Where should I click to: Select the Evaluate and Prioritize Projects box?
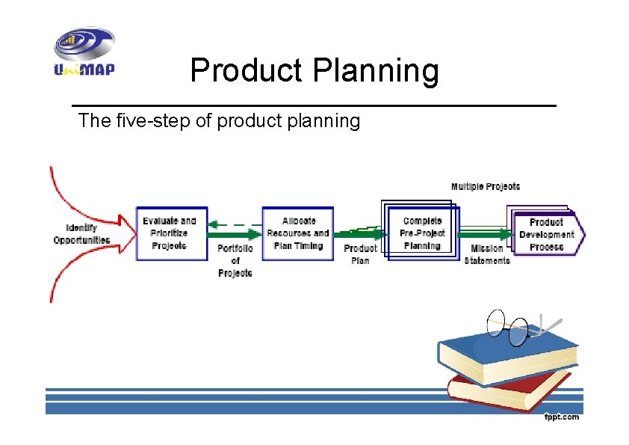click(171, 233)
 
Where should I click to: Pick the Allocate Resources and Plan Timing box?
click(297, 233)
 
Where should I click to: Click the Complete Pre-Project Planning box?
click(422, 233)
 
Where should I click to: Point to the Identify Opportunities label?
click(81, 234)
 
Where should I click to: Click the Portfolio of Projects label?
click(235, 260)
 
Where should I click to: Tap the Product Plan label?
click(360, 254)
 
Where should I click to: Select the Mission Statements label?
click(487, 254)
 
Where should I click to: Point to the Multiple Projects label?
click(485, 186)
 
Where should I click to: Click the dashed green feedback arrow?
click(235, 224)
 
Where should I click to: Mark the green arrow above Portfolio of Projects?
click(235, 235)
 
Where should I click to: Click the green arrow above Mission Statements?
click(486, 234)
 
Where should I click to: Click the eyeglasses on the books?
click(515, 326)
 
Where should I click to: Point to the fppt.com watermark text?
click(561, 417)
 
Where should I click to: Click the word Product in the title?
click(247, 71)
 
